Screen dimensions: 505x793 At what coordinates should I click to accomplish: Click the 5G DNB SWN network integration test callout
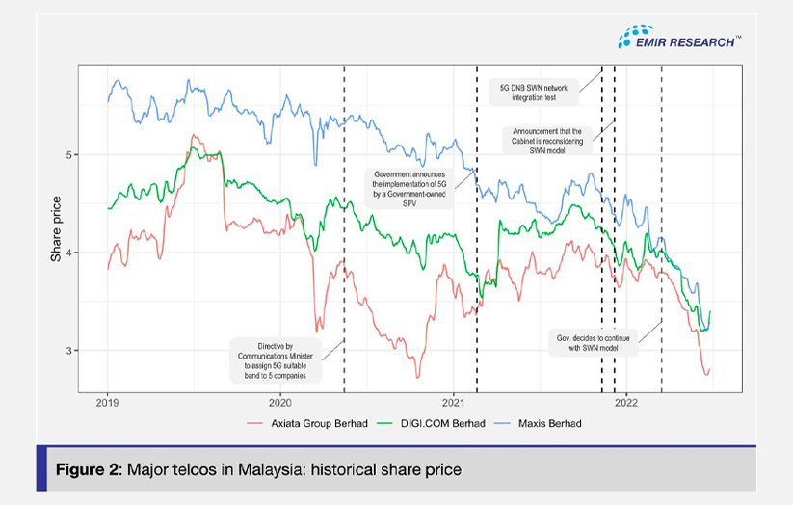[x=533, y=92]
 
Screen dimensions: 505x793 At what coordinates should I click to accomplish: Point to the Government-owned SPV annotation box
[x=414, y=183]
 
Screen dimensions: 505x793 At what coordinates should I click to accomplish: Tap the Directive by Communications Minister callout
[x=275, y=359]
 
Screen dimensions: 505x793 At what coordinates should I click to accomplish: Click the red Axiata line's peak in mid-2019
[x=194, y=136]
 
